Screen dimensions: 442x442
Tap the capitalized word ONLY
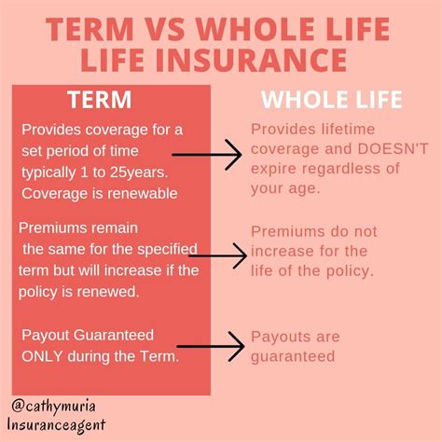coord(44,355)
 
